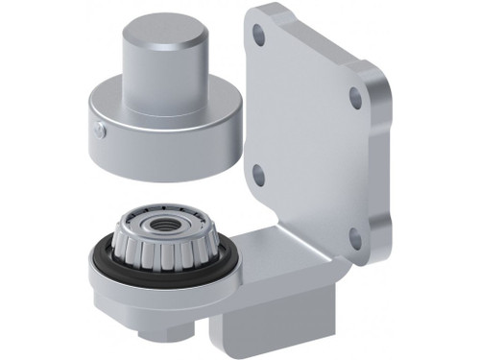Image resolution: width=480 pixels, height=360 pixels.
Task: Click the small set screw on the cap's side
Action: coord(97,131)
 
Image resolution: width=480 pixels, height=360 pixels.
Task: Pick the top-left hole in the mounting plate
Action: coord(258,33)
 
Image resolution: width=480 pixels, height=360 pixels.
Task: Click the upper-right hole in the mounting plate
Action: coord(355,97)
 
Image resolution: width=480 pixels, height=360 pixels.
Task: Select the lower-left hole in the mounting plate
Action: coord(257,175)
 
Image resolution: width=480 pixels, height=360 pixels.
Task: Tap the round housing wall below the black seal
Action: coord(144,302)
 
